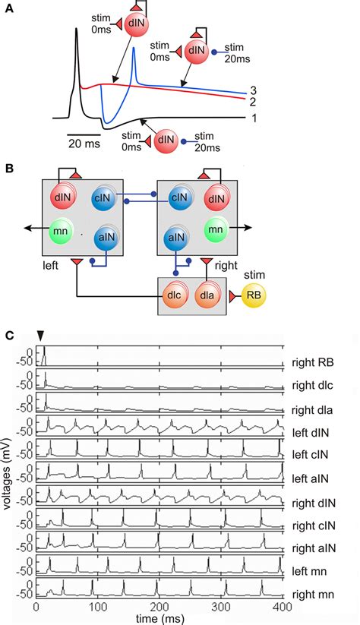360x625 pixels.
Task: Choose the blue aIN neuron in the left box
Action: (x=106, y=238)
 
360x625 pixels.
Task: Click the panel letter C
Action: (x=8, y=335)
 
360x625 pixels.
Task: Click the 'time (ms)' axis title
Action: (x=159, y=618)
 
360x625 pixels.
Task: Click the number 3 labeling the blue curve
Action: (x=251, y=90)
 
